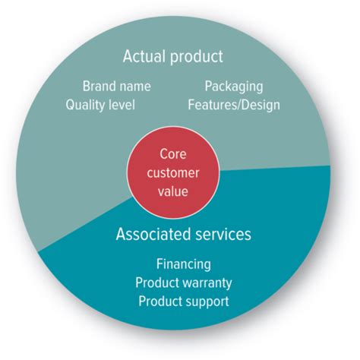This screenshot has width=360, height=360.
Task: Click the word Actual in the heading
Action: (144, 56)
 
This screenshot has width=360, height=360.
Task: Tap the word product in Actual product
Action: (197, 57)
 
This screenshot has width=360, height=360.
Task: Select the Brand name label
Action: (117, 86)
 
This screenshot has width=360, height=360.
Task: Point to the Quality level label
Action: (100, 105)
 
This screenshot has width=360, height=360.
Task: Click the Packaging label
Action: (234, 87)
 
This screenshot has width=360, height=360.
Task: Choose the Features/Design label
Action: (234, 105)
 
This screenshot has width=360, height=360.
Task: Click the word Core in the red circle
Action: (173, 154)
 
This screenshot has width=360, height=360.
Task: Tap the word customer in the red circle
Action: (173, 172)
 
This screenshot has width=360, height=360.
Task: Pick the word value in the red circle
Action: (173, 191)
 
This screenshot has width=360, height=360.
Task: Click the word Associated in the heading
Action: (153, 234)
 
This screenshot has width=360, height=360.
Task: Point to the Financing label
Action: (184, 264)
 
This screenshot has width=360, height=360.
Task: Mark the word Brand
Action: (98, 86)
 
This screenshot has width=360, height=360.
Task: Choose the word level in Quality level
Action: (122, 105)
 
